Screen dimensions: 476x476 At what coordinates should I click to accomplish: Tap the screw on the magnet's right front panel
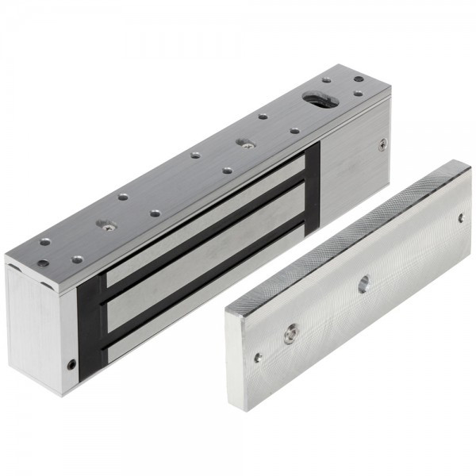[x=384, y=144]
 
